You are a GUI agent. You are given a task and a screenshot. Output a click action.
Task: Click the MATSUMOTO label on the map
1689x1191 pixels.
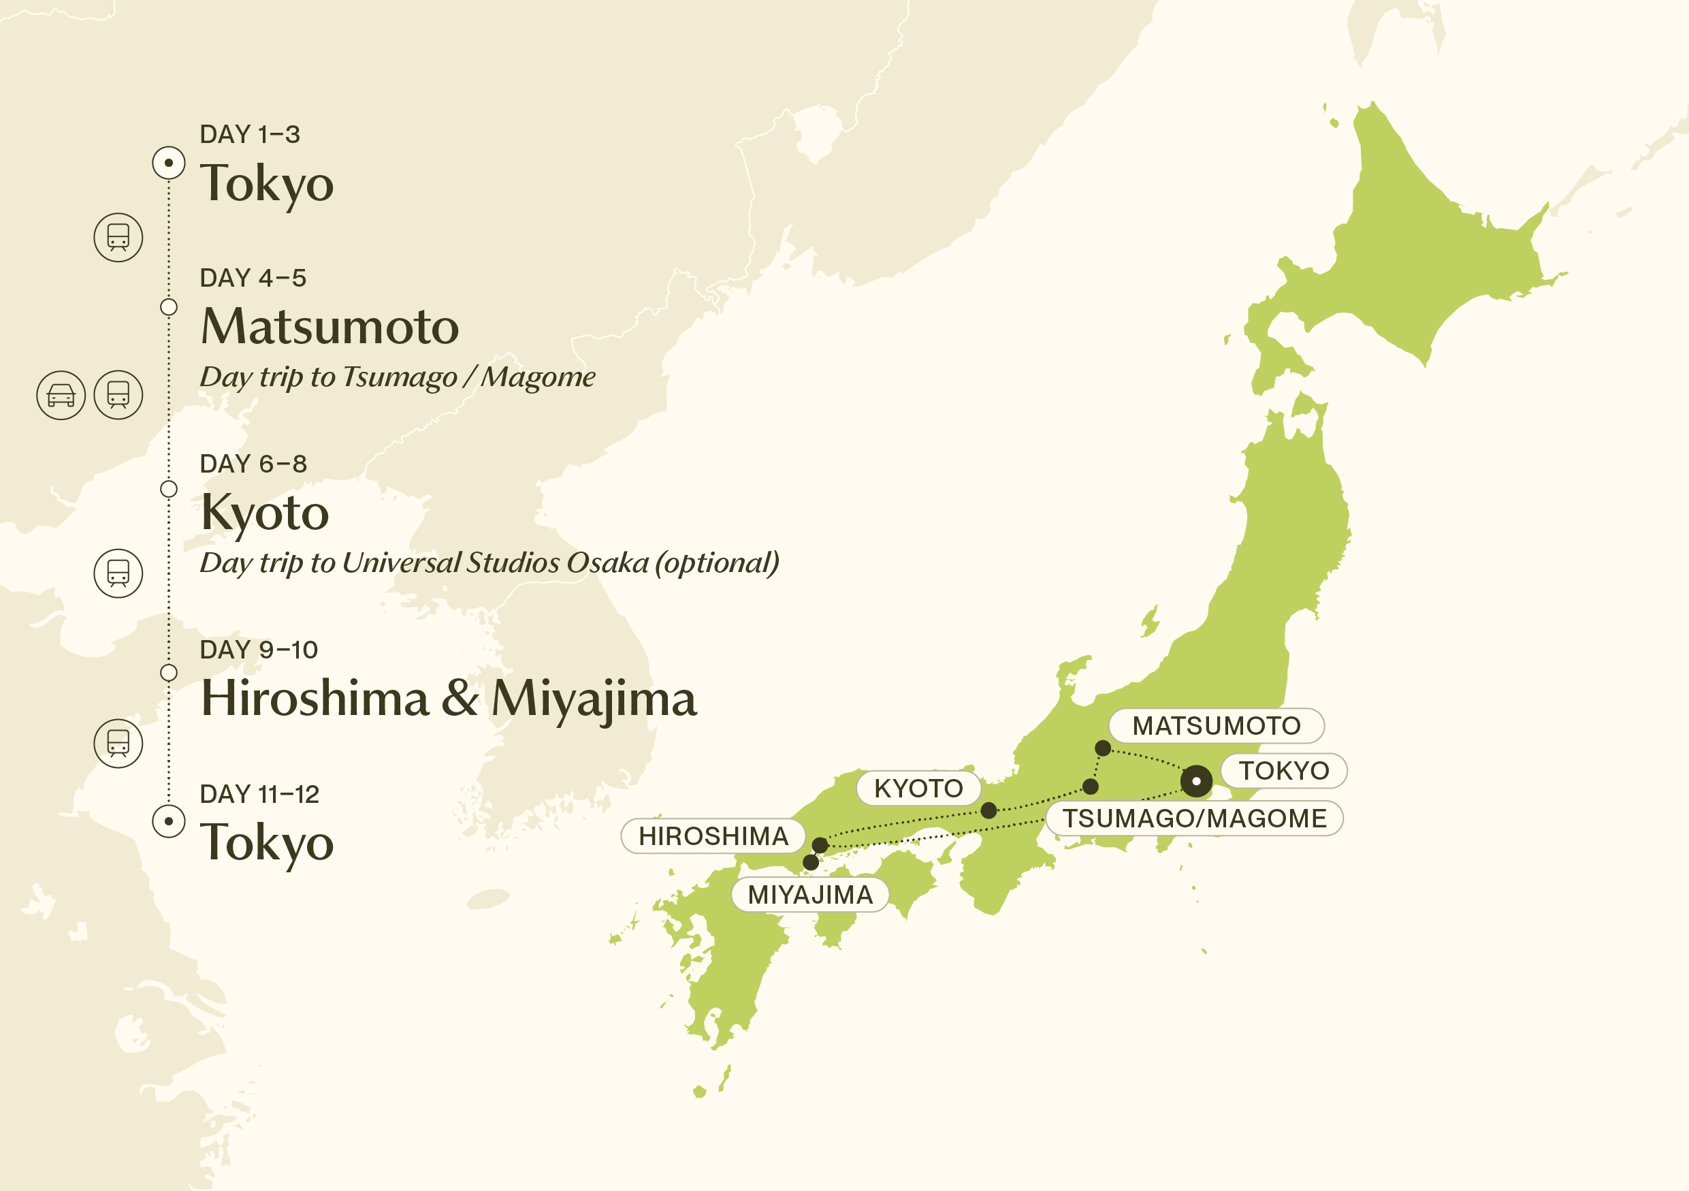pos(1216,726)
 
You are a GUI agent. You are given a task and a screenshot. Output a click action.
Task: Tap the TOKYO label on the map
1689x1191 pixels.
pos(1284,771)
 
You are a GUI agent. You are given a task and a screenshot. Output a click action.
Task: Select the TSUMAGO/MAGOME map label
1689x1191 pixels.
pos(1194,818)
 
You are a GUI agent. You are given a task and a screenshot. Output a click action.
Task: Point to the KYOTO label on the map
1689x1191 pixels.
pos(918,789)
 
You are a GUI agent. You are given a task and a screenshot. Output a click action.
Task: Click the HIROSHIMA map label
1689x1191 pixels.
pos(713,836)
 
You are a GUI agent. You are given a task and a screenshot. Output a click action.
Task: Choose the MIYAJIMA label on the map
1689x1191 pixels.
pos(810,895)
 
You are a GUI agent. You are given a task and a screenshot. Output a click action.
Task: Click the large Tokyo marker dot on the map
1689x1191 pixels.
pos(1196,780)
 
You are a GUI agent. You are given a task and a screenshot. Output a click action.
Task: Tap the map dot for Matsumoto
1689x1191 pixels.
pos(1103,748)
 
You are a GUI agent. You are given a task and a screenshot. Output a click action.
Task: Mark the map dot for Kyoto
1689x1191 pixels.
pos(988,810)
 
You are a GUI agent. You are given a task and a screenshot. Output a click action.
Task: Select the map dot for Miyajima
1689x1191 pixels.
pos(811,862)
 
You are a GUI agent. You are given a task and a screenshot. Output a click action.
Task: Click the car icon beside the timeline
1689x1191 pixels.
pos(61,396)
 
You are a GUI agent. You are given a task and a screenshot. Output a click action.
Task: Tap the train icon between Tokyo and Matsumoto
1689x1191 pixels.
pos(118,238)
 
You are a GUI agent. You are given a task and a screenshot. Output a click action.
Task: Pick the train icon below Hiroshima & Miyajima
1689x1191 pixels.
pos(118,744)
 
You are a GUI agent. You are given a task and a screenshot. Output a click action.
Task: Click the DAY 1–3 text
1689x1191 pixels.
pos(249,135)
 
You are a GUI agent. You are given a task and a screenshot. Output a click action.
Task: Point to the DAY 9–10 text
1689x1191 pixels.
pos(258,650)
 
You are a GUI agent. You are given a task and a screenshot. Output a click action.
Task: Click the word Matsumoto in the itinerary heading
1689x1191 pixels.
pos(329,327)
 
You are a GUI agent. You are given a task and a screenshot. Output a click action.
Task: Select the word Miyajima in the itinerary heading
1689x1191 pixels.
pos(593,698)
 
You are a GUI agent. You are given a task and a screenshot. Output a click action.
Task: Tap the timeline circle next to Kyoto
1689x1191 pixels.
pos(168,489)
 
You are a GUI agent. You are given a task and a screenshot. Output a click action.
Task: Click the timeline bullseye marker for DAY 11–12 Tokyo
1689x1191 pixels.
pos(168,821)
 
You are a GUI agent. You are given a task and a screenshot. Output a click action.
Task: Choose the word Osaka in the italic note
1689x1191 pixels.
pos(607,562)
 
